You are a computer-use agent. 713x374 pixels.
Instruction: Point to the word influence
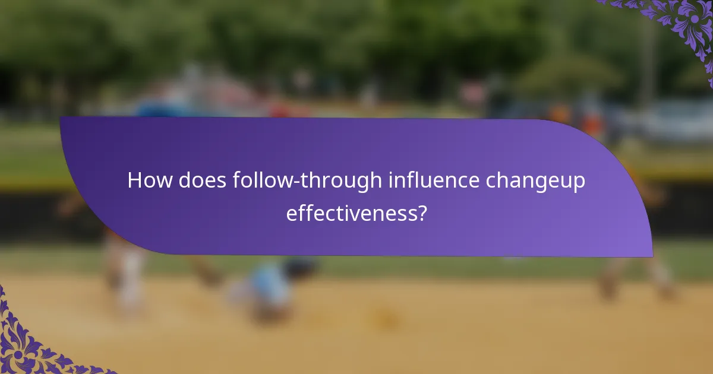[x=434, y=180]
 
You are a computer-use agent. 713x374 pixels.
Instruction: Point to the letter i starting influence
[x=390, y=180]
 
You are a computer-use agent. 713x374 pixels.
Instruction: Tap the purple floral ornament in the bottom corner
[x=30, y=344]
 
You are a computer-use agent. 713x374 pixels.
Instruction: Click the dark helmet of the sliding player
[x=300, y=268]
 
